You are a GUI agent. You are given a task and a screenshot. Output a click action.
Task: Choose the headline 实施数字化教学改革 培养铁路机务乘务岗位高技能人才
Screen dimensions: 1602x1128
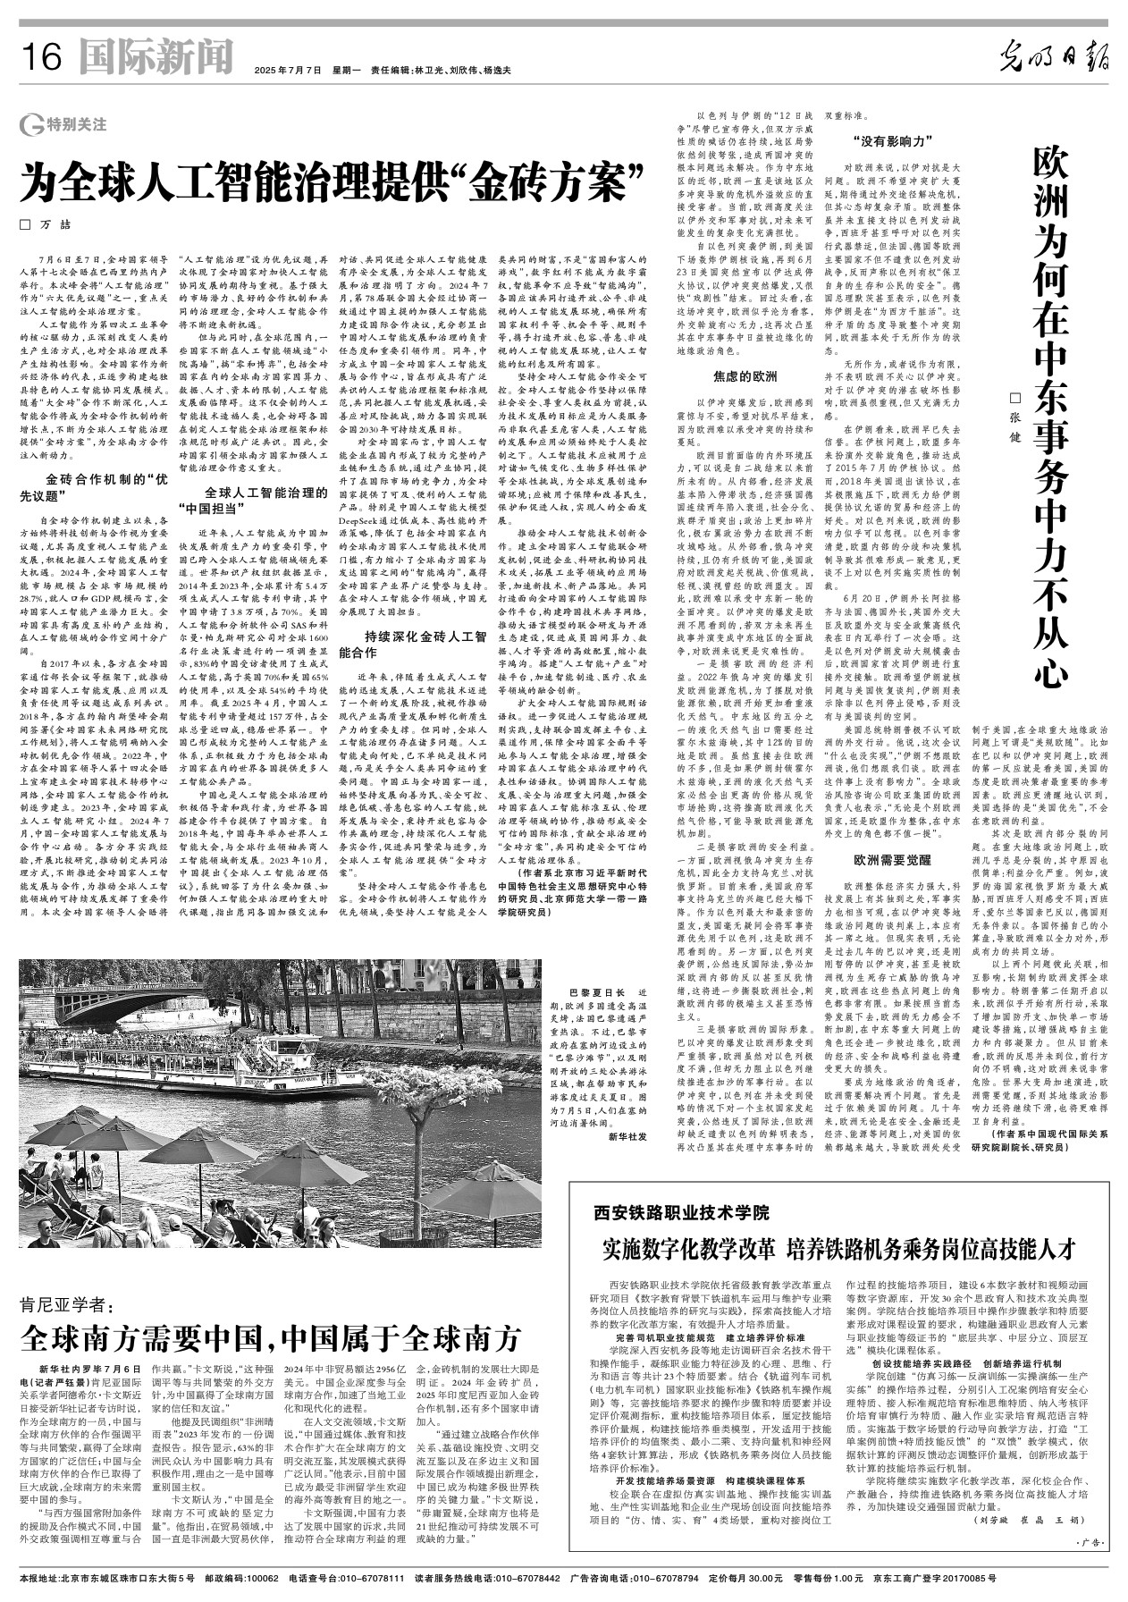point(838,1249)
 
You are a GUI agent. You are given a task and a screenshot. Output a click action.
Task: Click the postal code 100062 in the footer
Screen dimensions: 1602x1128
point(241,1579)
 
